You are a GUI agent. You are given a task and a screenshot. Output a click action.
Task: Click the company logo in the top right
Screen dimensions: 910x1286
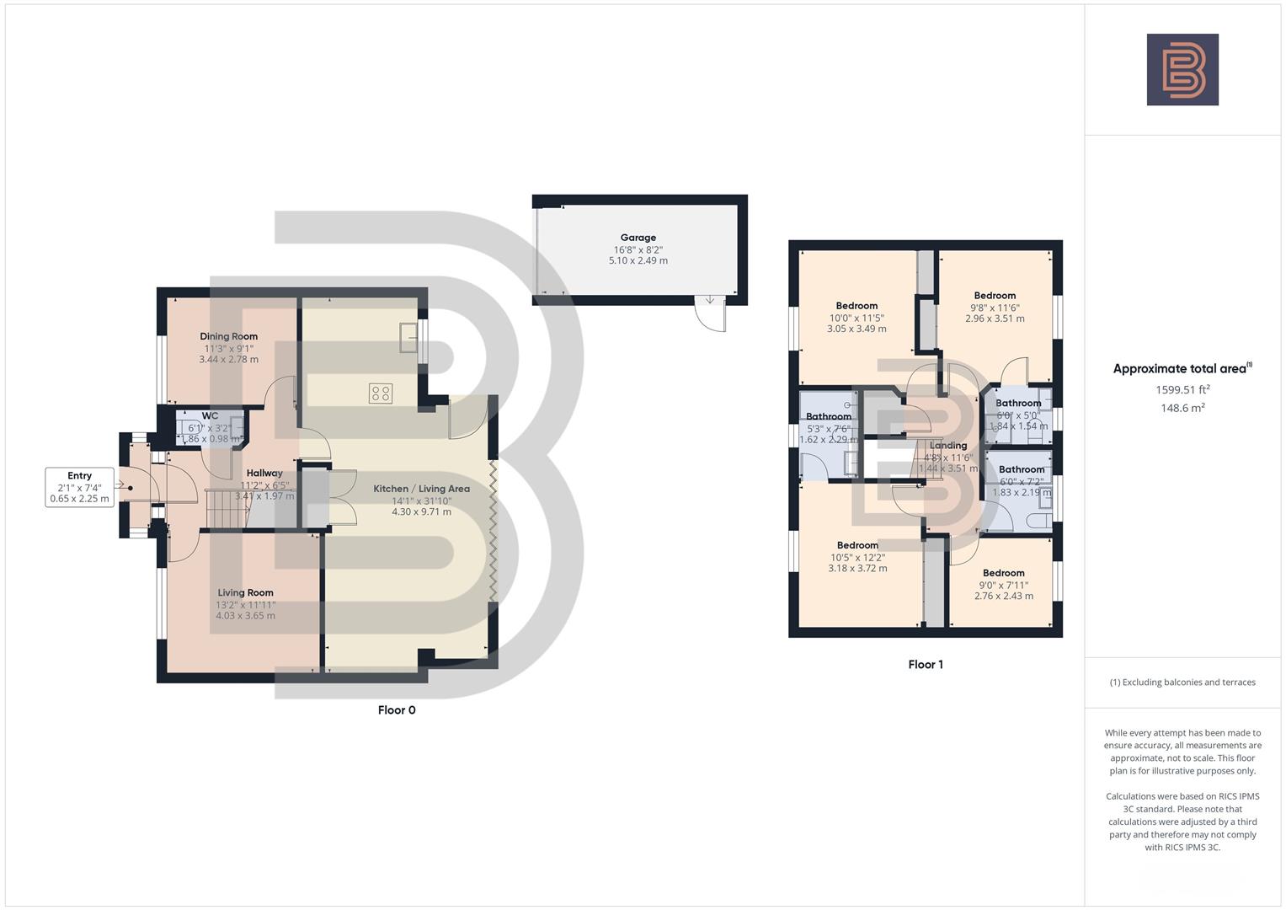(x=1182, y=69)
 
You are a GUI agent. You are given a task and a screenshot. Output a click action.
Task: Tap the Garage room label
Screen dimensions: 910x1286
(x=638, y=238)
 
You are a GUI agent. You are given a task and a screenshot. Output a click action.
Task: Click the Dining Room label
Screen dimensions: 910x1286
(x=228, y=336)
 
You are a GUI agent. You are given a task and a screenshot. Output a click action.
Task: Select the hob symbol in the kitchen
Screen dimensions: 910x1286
(x=380, y=393)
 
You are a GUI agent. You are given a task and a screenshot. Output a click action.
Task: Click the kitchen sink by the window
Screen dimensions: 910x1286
(x=409, y=338)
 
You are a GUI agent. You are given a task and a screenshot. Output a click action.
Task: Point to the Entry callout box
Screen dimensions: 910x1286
(x=79, y=487)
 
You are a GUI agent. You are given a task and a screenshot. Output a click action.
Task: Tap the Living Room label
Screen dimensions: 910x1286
(x=245, y=592)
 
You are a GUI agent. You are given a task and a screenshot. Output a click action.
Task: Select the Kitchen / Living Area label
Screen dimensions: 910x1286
(x=421, y=489)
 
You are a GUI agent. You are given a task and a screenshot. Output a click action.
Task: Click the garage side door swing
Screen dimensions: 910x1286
(x=709, y=315)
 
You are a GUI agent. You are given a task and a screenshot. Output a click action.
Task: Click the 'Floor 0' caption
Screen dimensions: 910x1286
(x=397, y=709)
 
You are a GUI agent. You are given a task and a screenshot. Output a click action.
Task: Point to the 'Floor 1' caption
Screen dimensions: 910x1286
(x=925, y=664)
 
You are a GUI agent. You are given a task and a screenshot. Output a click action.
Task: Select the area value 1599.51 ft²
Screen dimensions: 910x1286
(x=1182, y=389)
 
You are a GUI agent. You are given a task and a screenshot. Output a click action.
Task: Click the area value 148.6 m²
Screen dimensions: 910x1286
(x=1182, y=408)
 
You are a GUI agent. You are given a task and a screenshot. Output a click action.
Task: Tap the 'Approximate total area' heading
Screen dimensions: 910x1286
(x=1182, y=368)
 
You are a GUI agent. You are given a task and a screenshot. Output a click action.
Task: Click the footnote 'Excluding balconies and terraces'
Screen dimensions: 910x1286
(x=1182, y=682)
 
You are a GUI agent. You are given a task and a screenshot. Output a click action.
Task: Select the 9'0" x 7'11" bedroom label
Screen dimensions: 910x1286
(x=1003, y=585)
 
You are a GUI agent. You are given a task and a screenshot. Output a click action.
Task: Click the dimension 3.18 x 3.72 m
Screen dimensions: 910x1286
(x=857, y=568)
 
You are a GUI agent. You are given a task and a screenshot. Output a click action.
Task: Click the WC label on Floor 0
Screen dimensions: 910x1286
(x=210, y=415)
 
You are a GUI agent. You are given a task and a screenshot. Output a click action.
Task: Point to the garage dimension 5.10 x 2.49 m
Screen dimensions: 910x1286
(x=638, y=261)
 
